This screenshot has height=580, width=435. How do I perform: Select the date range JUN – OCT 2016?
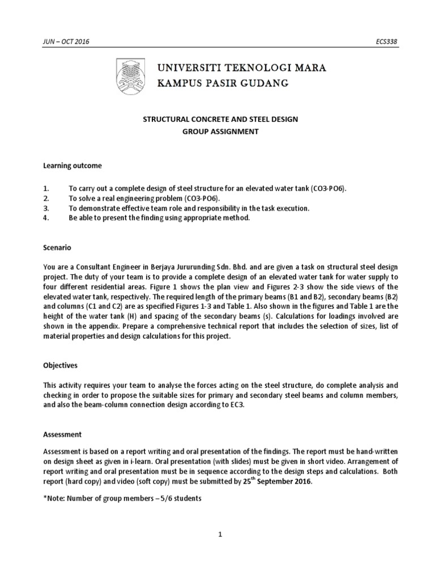(66, 42)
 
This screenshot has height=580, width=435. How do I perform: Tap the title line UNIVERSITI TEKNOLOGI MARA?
(241, 69)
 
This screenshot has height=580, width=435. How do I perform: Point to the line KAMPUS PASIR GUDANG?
(223, 84)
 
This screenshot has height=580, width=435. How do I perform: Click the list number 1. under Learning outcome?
(46, 187)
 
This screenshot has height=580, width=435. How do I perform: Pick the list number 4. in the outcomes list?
(46, 217)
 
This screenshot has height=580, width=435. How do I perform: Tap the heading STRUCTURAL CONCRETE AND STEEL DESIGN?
(219, 120)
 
